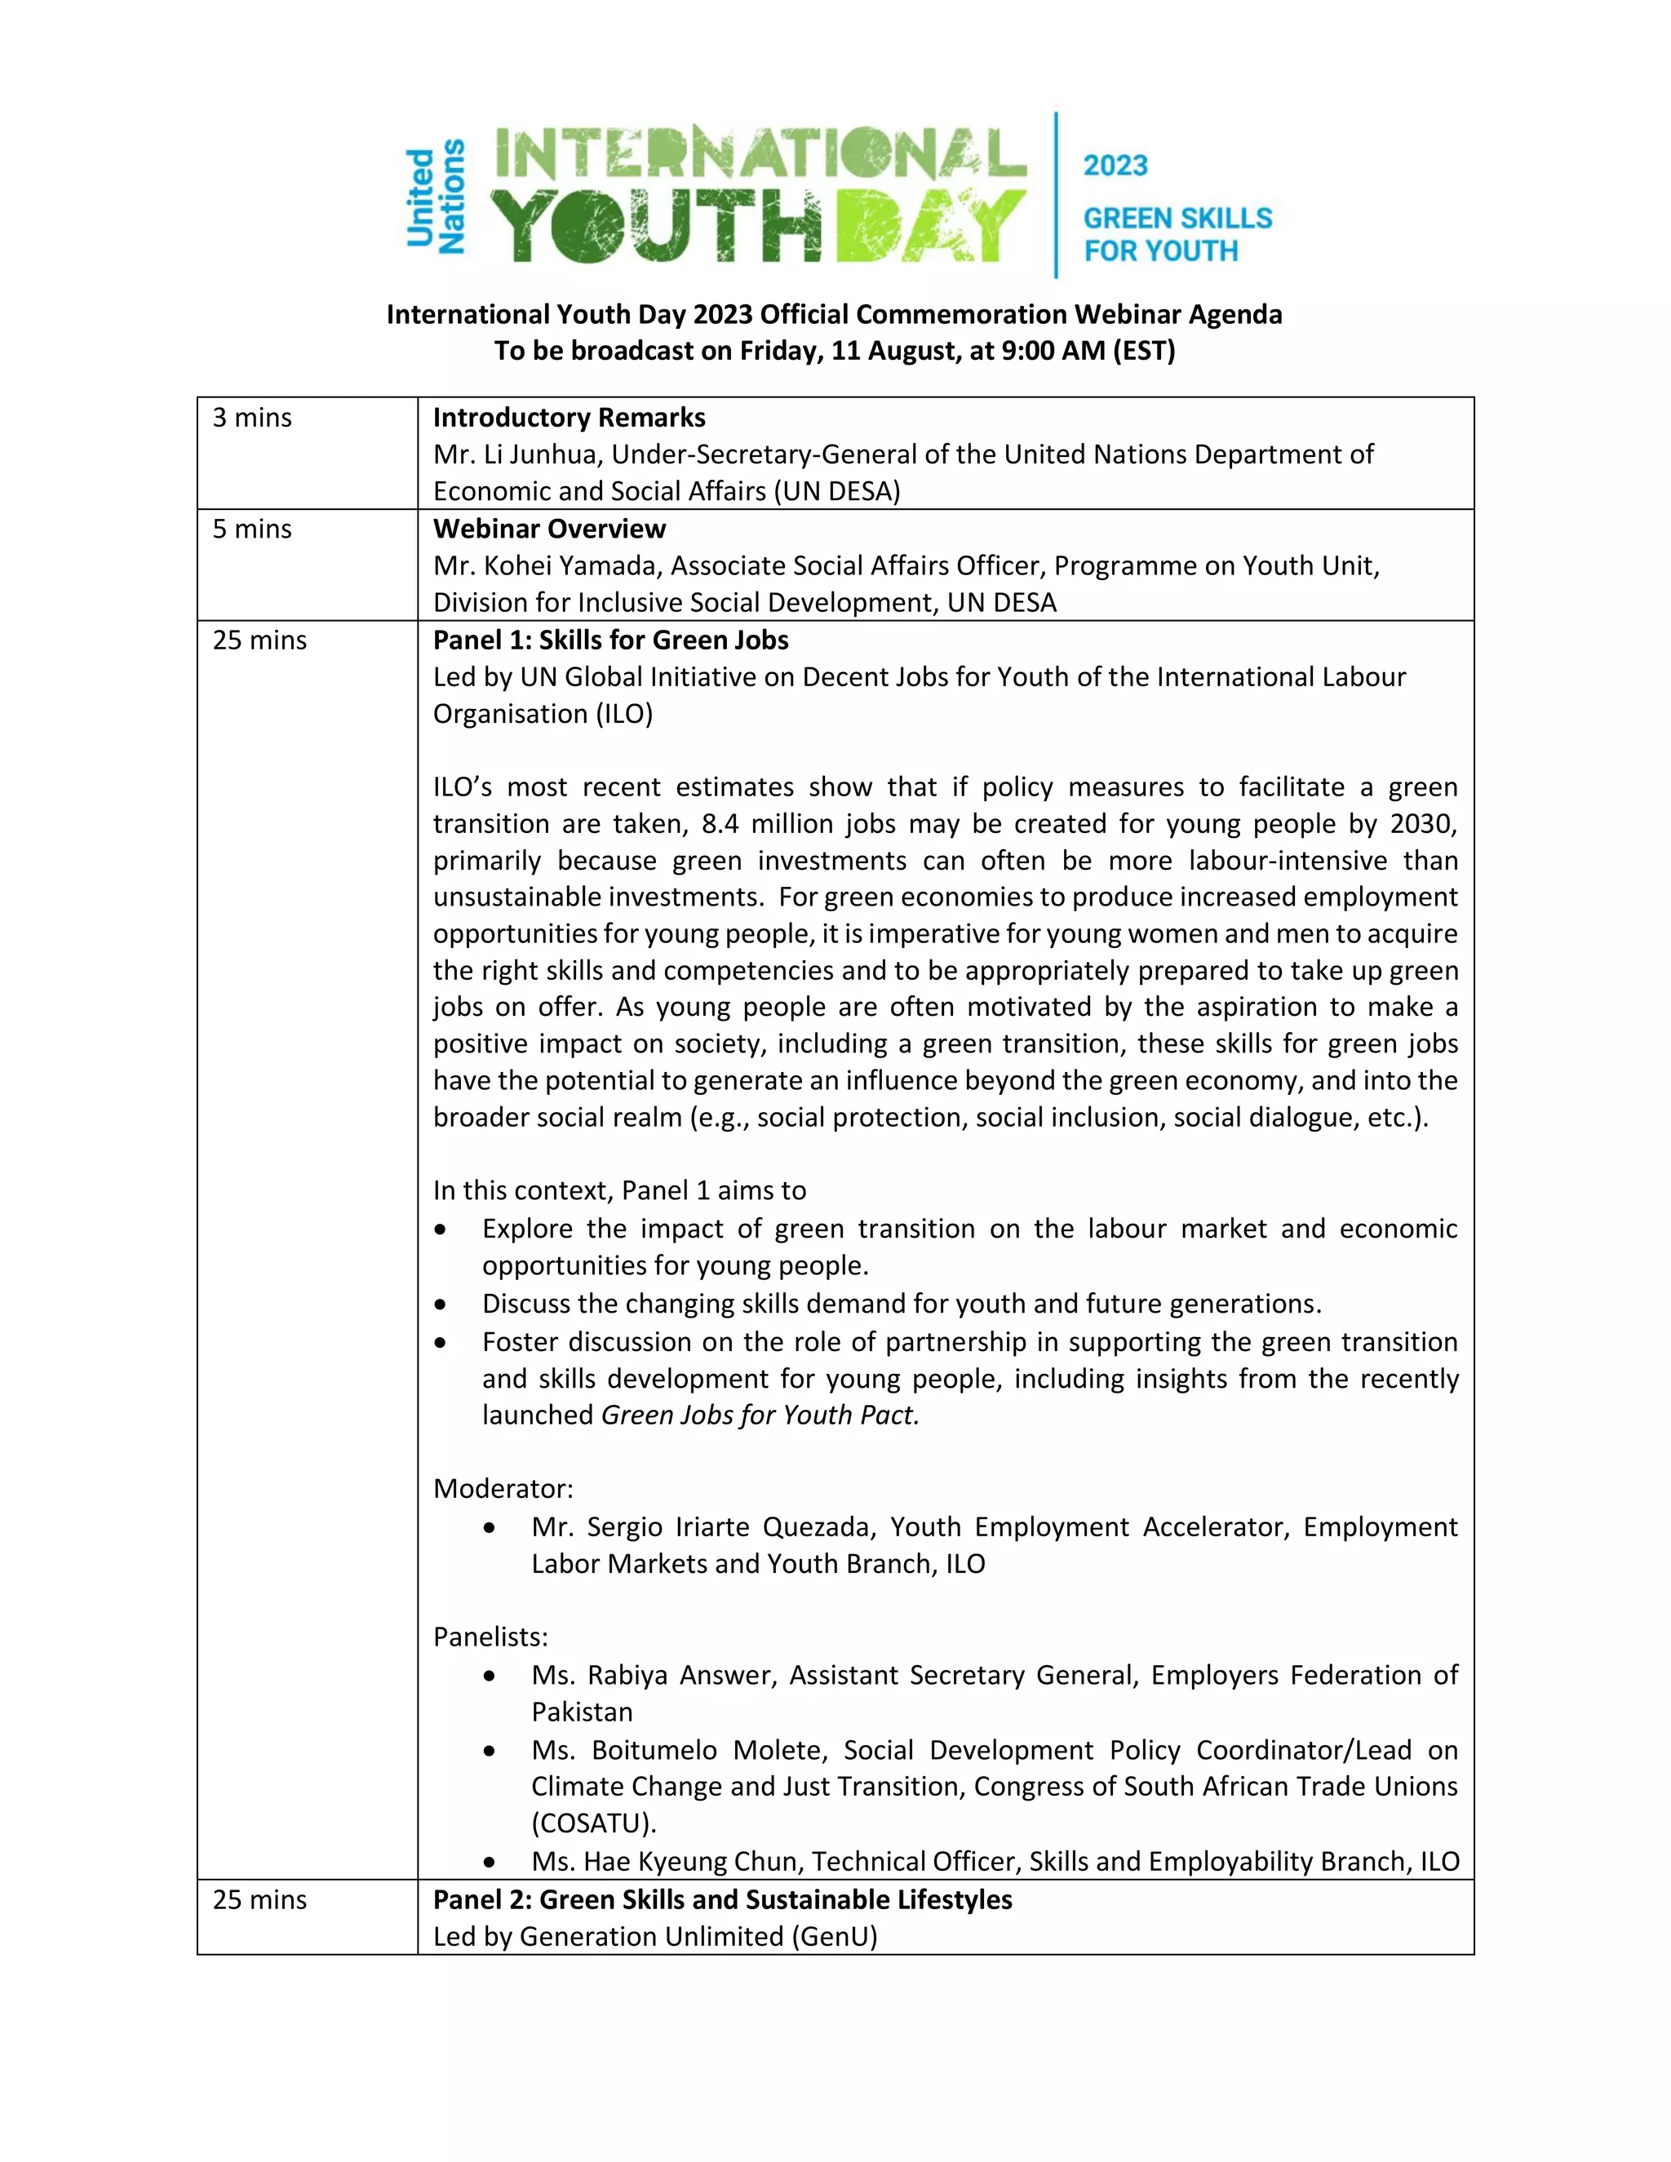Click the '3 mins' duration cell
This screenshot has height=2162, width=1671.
click(252, 418)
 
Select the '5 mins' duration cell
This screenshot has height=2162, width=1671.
click(252, 529)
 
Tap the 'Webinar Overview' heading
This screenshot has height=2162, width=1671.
click(548, 529)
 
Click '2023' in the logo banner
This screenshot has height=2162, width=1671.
click(1115, 166)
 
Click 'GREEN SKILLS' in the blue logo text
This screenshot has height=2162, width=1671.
click(1177, 218)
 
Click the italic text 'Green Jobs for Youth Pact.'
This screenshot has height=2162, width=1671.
click(760, 1415)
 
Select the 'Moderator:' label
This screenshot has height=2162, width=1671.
click(503, 1489)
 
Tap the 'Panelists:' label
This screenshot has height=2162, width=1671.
click(490, 1637)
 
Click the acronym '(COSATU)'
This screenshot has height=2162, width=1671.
click(593, 1823)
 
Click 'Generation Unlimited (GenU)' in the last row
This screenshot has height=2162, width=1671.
click(698, 1936)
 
